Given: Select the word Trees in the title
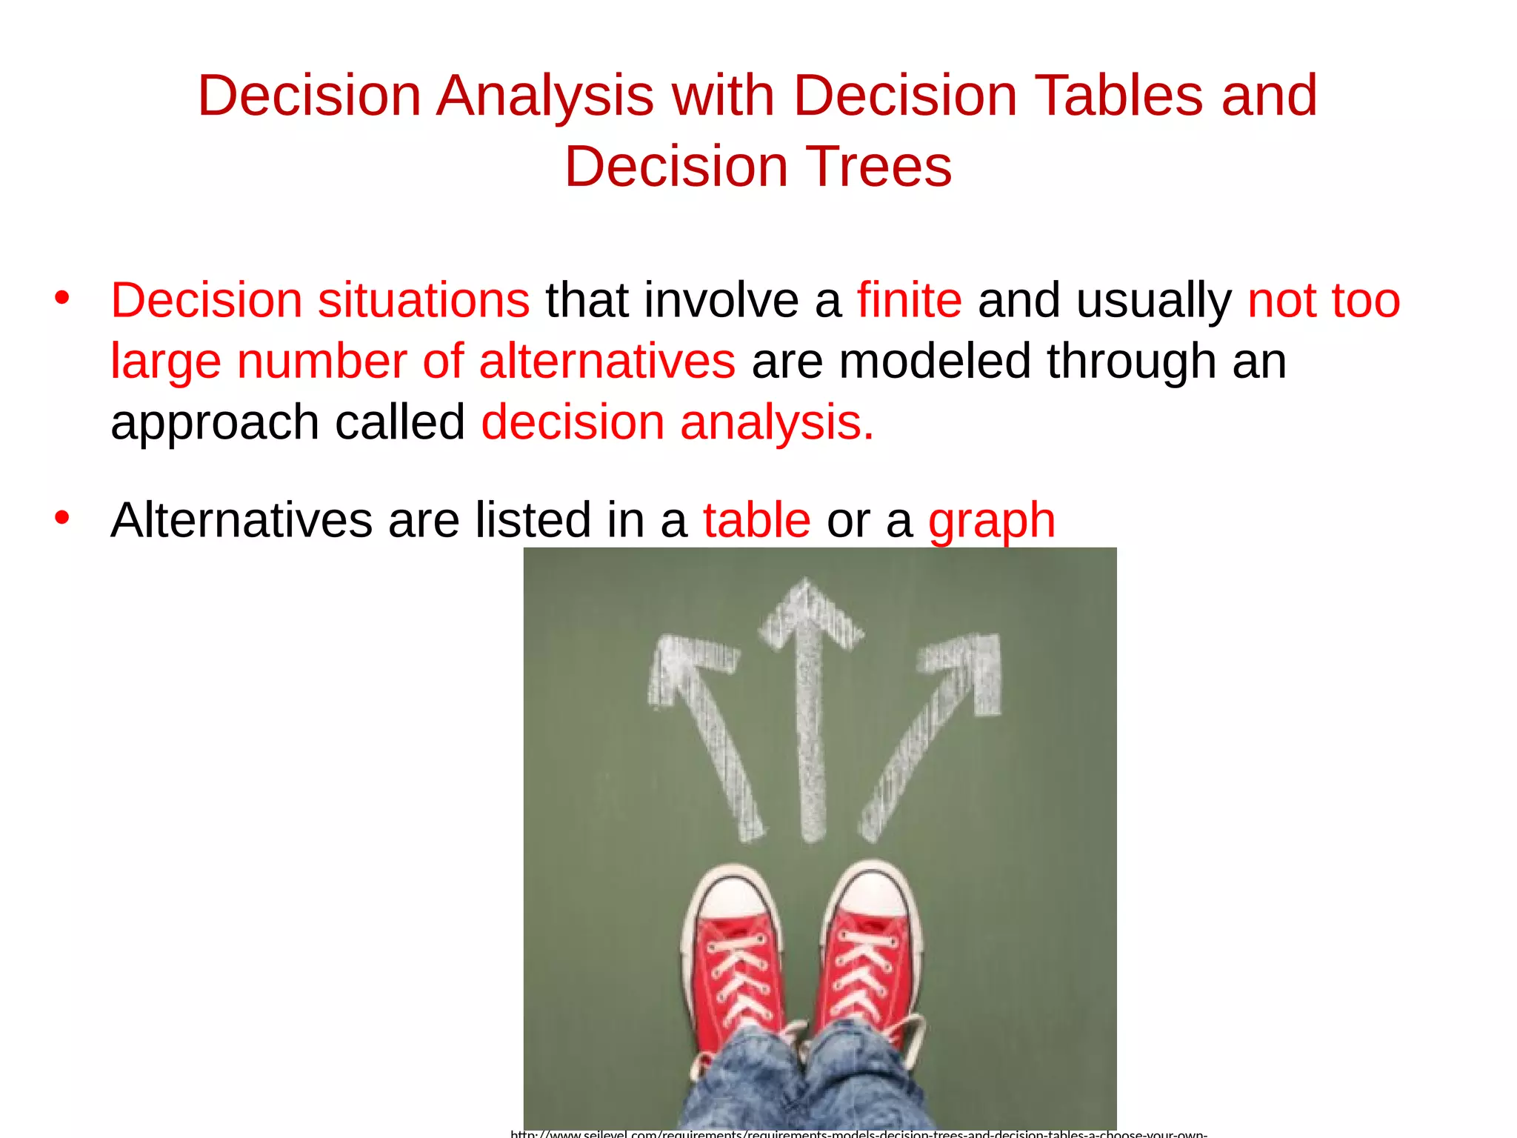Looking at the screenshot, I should point(878,167).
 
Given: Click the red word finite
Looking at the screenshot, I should point(910,301).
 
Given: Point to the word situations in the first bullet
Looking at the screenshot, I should point(424,301).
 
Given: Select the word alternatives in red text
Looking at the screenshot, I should point(607,362).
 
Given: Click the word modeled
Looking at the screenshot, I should point(934,362).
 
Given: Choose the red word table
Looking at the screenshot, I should point(756,520).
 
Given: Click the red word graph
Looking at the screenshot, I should point(991,522).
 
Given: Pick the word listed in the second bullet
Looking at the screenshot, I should point(533,520).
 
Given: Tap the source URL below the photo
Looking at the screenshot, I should point(858,1133).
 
